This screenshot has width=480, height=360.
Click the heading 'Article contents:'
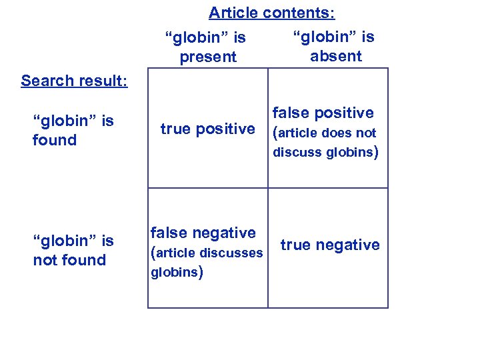272,13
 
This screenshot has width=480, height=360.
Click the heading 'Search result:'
74,81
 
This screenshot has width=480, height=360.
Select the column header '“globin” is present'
208,47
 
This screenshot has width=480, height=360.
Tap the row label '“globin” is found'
73,131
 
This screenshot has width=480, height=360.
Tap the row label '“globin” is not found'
73,251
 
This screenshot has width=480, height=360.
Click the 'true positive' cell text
207,129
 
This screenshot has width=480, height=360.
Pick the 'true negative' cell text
330,245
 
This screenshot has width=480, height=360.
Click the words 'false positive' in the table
323,113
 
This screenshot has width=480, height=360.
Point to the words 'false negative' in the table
203,233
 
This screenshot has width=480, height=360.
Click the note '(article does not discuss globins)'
325,143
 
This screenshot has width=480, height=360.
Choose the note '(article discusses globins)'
207,262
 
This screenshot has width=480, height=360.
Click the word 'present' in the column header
208,57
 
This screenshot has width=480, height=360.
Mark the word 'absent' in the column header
335,56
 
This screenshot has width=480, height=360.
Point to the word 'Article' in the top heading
233,13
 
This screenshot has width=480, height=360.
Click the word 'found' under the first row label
55,140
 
